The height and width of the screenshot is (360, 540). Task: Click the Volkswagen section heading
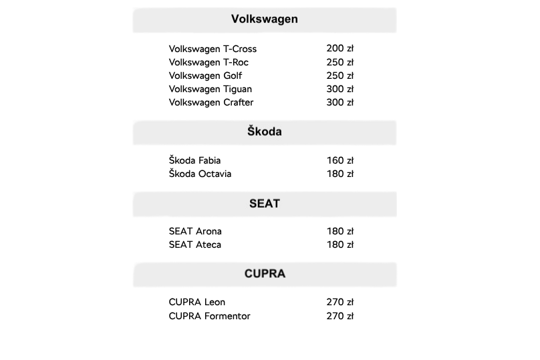265,19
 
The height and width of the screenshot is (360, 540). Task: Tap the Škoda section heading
265,132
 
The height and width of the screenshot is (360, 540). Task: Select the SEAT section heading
265,204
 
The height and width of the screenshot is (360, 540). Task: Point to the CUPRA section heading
265,274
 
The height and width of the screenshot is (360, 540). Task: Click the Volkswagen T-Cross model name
213,49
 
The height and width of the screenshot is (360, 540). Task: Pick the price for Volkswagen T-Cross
340,49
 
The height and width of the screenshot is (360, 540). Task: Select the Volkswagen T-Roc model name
209,62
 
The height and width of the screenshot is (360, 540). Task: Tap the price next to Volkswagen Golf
340,75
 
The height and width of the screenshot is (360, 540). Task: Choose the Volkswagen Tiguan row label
211,89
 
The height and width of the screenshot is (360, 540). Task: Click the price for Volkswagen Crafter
340,102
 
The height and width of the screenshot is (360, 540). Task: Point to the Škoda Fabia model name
194,160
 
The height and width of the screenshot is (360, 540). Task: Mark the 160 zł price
340,160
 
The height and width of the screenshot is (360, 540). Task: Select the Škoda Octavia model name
200,174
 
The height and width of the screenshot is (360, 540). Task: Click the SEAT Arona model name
195,231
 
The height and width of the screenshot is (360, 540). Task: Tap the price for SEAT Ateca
340,244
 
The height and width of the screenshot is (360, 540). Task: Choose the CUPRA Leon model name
197,302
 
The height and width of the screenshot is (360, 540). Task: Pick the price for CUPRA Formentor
340,316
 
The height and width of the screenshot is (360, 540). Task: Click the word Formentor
227,316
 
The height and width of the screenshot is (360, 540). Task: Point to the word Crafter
239,102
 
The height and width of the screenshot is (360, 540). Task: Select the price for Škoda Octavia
340,174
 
